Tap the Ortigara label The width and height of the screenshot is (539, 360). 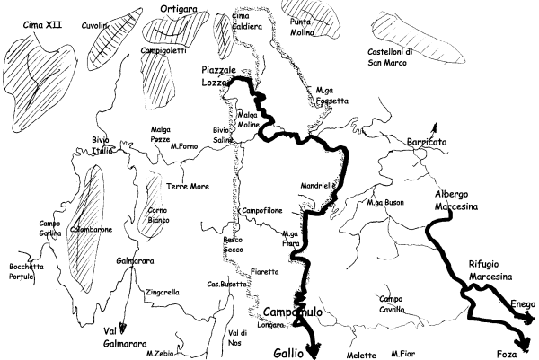[x=178, y=9]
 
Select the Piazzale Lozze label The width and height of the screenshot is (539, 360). [x=218, y=76]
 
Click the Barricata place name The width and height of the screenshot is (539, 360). [x=427, y=143]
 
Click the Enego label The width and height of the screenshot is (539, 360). [x=522, y=305]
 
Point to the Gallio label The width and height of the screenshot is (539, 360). [x=289, y=352]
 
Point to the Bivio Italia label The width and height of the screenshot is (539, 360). [x=106, y=145]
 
